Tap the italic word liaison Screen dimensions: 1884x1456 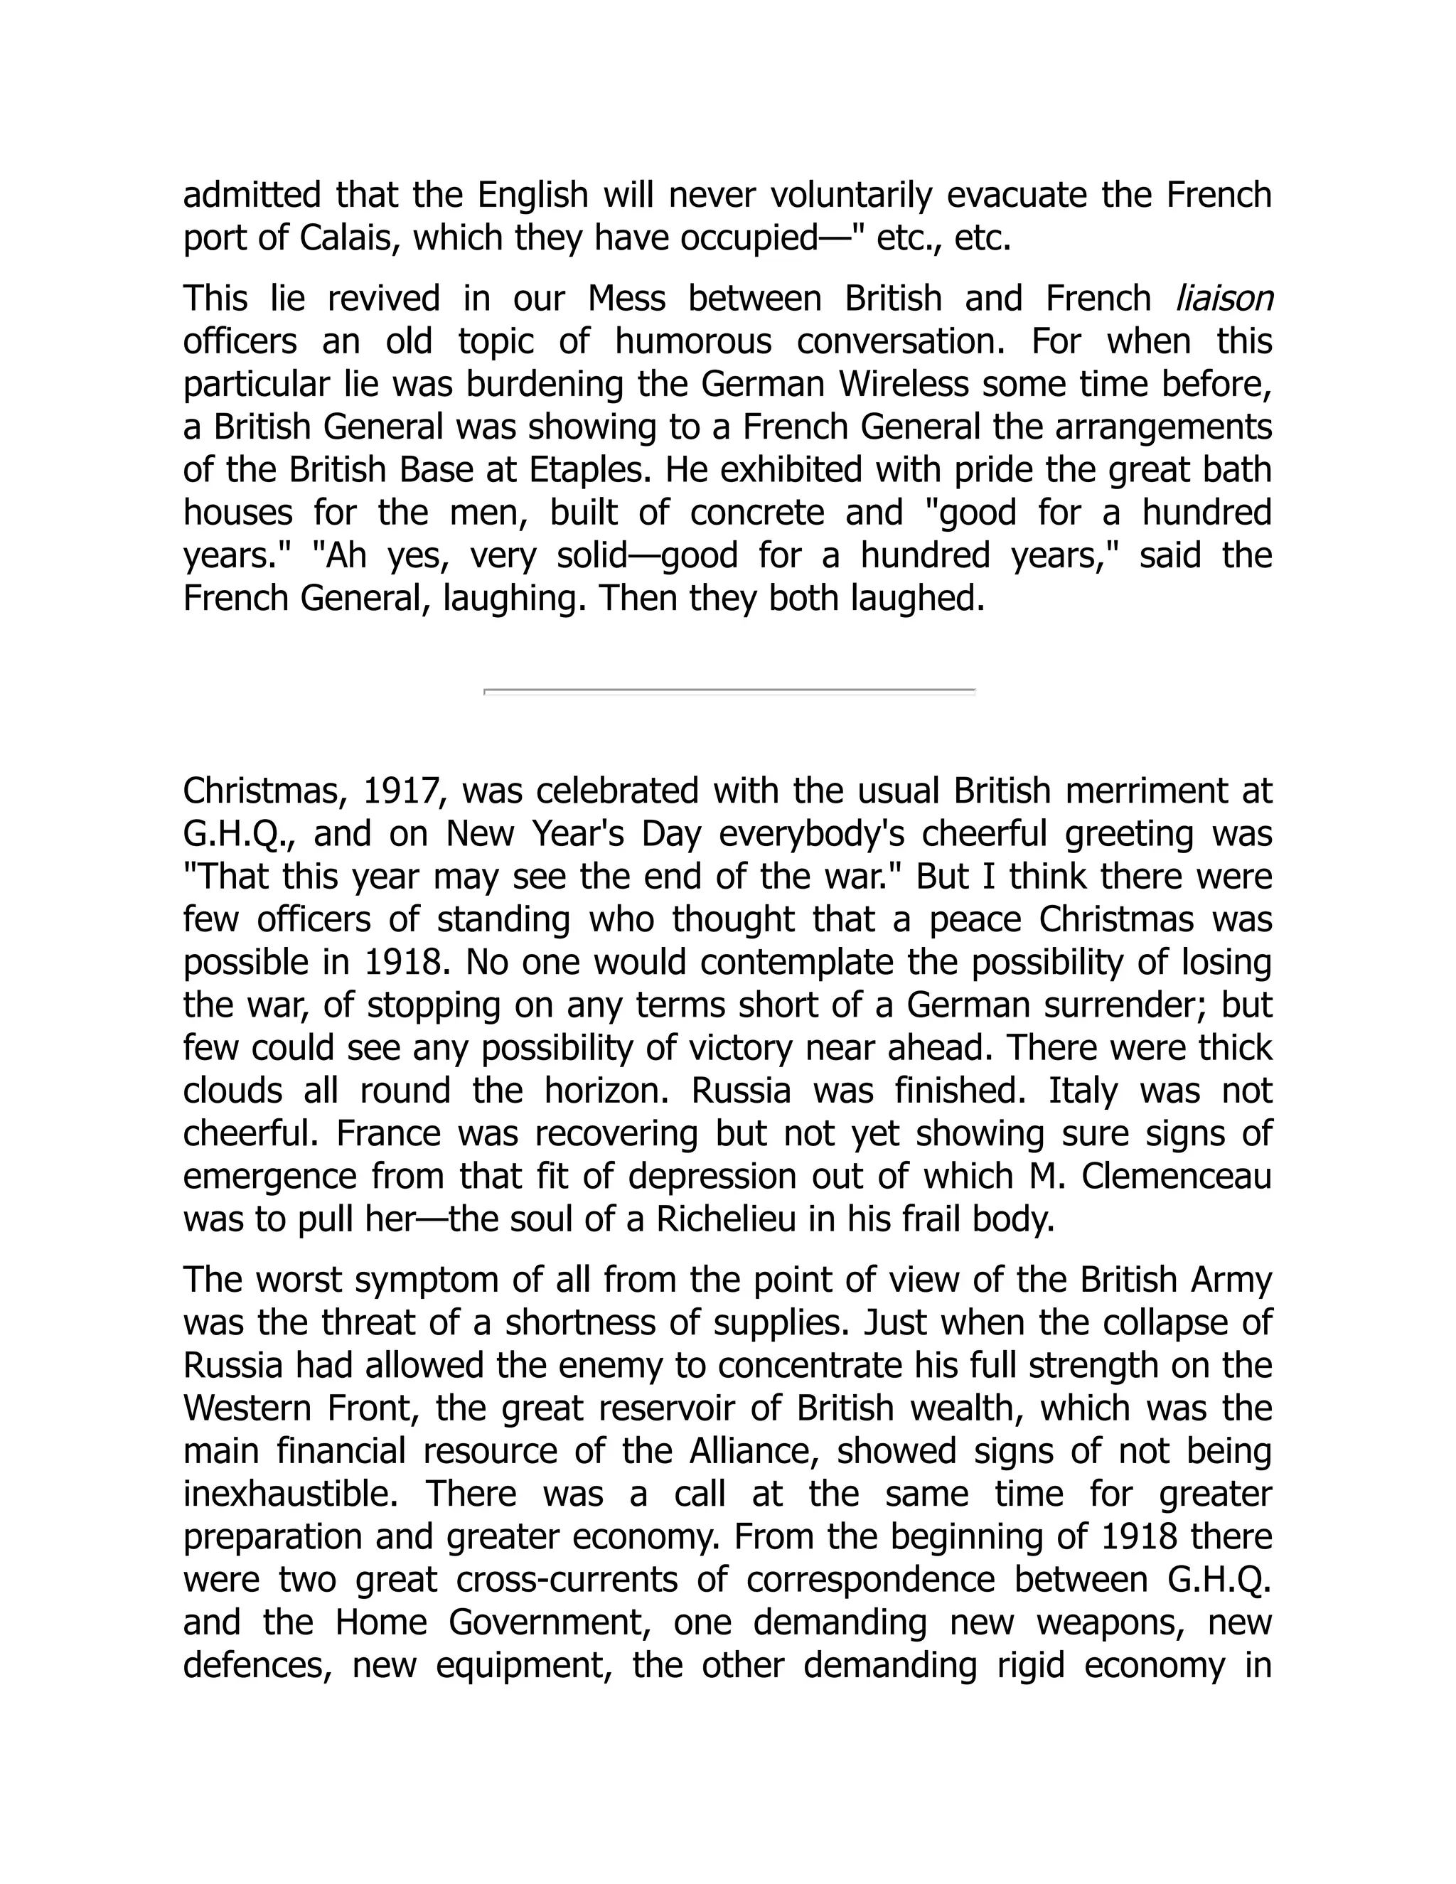pos(1224,299)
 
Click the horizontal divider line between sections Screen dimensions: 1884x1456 pos(729,691)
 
